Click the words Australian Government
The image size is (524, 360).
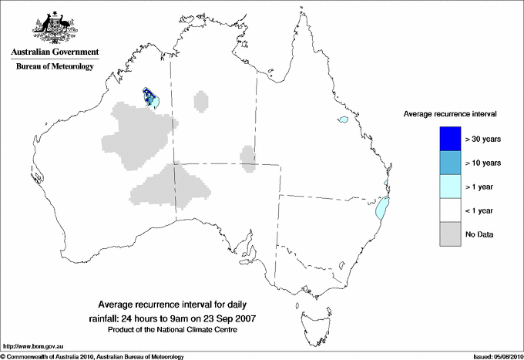[x=52, y=52]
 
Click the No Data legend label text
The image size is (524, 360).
[x=479, y=234]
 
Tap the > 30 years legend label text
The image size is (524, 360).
[x=483, y=139]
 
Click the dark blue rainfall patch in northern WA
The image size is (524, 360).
[x=147, y=96]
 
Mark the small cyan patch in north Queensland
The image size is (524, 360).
[x=343, y=120]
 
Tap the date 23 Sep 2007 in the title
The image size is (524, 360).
[x=232, y=318]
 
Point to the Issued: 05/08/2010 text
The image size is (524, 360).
[x=494, y=356]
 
